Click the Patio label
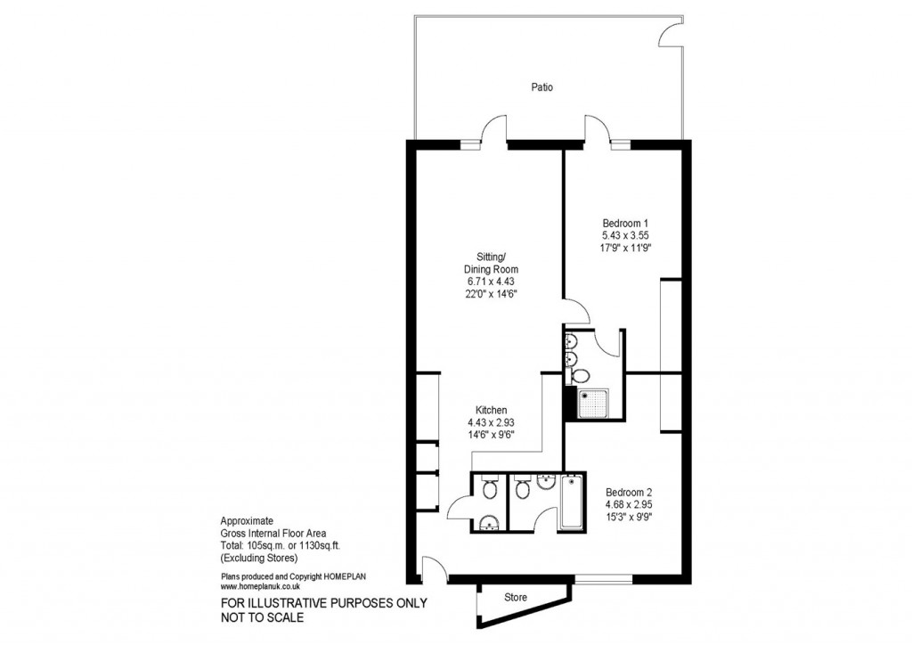pos(542,87)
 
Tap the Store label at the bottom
pos(516,597)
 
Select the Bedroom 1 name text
pos(625,223)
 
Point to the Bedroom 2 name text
pos(630,492)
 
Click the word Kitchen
pos(492,411)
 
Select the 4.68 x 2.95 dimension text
pos(630,503)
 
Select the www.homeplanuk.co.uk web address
pos(260,587)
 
